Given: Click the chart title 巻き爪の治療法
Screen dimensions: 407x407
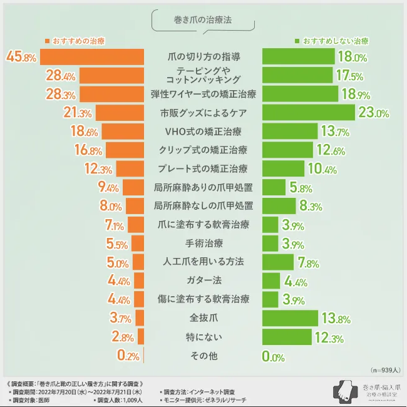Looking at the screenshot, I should [x=203, y=20].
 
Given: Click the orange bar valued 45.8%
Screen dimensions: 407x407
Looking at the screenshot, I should [x=93, y=56].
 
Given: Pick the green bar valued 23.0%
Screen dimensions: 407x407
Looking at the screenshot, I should [x=308, y=113].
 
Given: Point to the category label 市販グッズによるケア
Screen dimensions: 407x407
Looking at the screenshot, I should [x=203, y=113].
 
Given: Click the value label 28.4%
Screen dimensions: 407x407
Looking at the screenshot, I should [x=61, y=76].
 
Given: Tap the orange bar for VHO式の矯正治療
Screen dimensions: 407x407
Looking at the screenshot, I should [x=123, y=131].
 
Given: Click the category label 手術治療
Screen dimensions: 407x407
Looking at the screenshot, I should [x=203, y=243].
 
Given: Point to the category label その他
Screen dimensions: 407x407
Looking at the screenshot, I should [x=203, y=356].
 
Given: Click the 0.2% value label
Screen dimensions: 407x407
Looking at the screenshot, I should [x=128, y=356].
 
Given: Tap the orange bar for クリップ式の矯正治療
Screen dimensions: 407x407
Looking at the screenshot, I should [x=125, y=150].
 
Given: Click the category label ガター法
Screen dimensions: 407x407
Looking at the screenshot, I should [x=203, y=281].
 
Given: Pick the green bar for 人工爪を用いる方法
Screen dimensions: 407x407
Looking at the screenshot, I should [x=277, y=262].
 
